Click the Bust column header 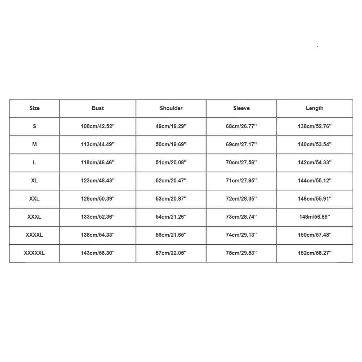[98, 108]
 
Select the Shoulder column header [171, 108]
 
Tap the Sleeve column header [241, 108]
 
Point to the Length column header [315, 108]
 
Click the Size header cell [34, 108]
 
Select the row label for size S [34, 126]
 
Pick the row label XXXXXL [34, 253]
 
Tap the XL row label [34, 181]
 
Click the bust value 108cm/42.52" [98, 126]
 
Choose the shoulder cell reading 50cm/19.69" [171, 144]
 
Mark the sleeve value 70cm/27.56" [241, 163]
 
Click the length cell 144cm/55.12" [315, 181]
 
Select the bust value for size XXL [98, 199]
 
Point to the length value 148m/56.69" [315, 217]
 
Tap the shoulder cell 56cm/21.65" [171, 235]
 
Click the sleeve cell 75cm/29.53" [241, 253]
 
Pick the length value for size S [315, 126]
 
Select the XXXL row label [34, 217]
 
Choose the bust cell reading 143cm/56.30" [98, 253]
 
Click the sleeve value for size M [241, 144]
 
